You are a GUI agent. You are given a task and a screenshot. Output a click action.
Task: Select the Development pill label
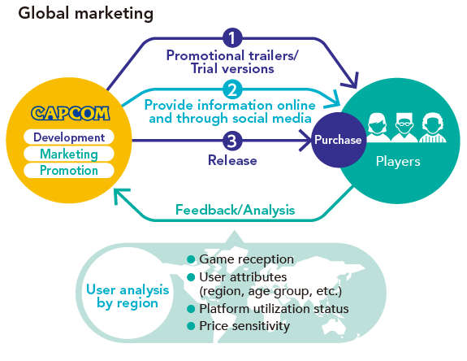point(69,137)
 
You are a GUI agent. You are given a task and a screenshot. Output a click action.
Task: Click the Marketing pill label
point(69,154)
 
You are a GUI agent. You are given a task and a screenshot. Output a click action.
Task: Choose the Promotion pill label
point(69,171)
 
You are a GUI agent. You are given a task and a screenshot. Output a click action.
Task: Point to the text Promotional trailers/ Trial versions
point(233,62)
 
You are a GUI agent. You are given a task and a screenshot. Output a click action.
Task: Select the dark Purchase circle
point(338,140)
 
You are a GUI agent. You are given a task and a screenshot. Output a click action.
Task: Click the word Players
point(398,161)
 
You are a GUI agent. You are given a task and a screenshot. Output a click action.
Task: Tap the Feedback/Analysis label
point(235,210)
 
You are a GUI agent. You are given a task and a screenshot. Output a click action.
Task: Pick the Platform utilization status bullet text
point(274,309)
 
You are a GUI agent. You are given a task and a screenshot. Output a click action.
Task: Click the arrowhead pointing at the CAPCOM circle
point(120,197)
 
